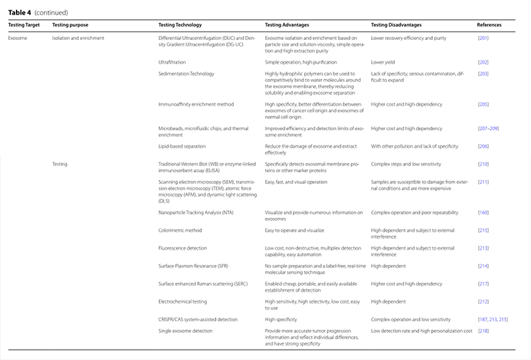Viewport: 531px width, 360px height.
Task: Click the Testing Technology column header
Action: coord(180,25)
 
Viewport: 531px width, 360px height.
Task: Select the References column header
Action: coord(489,25)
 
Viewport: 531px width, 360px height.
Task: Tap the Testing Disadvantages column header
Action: coord(396,25)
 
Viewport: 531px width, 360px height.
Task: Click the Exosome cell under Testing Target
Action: coord(18,38)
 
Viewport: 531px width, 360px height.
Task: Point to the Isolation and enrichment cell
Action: coord(78,38)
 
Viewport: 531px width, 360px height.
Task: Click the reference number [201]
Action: coord(483,38)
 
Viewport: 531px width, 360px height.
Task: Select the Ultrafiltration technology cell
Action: coord(172,62)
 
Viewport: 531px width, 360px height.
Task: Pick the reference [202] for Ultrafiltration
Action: coord(483,62)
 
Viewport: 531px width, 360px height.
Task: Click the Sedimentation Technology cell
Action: coord(186,74)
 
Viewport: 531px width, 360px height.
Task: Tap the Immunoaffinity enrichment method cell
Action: coord(196,104)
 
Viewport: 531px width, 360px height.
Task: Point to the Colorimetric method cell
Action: coord(180,230)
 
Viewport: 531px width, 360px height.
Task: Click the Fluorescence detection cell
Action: coord(182,248)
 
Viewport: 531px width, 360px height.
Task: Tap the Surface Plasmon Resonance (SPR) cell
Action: coord(194,266)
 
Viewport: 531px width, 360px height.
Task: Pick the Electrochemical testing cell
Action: coord(182,301)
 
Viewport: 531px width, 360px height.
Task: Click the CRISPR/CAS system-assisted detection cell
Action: coord(198,319)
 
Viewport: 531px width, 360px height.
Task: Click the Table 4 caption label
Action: coord(19,12)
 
